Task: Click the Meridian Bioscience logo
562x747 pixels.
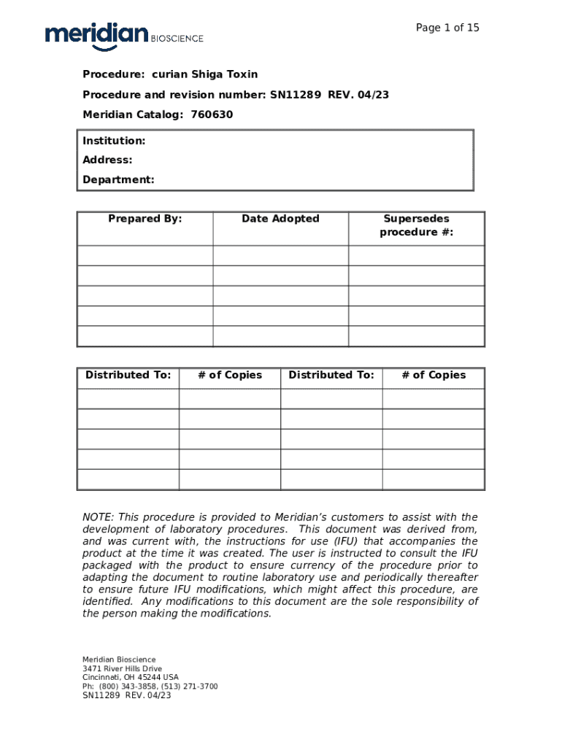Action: coord(123,36)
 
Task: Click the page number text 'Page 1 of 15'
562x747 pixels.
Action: coord(447,28)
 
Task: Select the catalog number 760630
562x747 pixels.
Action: coord(212,115)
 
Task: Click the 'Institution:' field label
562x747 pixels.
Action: coord(114,140)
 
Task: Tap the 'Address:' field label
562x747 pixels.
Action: coord(107,160)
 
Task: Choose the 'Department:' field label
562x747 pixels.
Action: coord(118,179)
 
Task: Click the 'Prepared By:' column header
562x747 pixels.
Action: coord(145,219)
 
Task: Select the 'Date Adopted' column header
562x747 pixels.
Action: coord(280,219)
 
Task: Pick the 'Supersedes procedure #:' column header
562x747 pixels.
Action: coord(416,225)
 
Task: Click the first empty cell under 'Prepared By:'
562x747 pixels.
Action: coord(145,255)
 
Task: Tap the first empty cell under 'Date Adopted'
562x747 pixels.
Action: coord(280,255)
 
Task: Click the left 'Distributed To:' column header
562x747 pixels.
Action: coord(128,375)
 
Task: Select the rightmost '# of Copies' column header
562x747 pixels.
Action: coord(434,375)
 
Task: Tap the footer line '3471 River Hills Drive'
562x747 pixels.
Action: coord(122,669)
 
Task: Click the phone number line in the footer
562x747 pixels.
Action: coord(150,686)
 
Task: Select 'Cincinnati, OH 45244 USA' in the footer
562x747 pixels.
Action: coord(130,678)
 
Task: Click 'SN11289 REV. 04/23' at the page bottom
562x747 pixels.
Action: coord(126,695)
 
